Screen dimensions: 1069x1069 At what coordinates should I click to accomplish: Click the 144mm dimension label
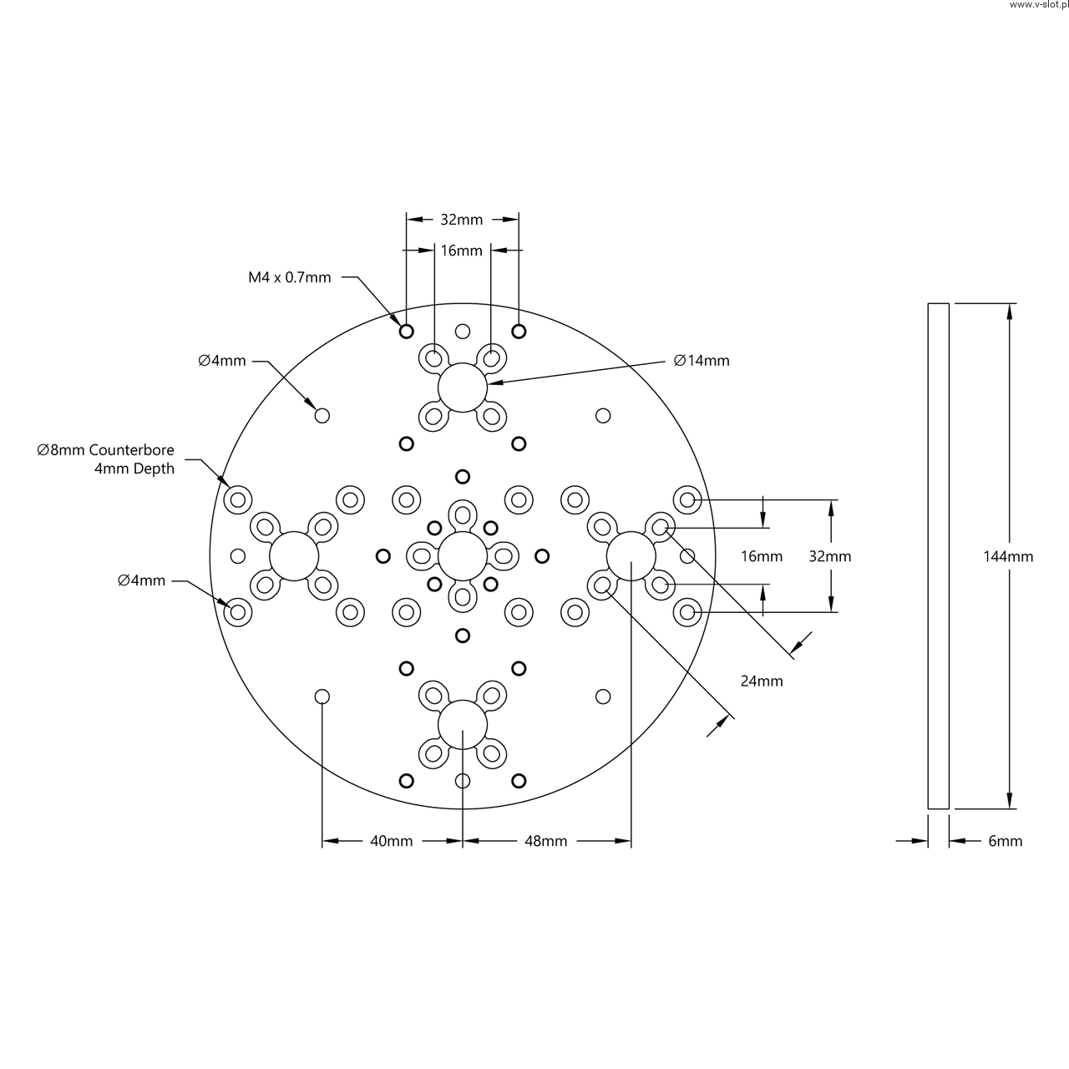tap(1008, 556)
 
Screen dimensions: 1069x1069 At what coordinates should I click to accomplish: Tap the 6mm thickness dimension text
tap(1006, 841)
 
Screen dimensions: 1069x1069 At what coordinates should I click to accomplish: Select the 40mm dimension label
tap(391, 841)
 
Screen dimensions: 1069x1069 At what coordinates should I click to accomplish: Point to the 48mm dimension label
tap(546, 841)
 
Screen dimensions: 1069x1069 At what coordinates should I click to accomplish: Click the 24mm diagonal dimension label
tap(762, 681)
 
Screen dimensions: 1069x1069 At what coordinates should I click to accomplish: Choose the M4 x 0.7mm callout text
tap(290, 277)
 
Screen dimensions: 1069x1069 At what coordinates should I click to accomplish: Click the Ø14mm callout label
tap(702, 361)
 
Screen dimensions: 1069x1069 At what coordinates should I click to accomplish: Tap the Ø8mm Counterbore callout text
tap(105, 450)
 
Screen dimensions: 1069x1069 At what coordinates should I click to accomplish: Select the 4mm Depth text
tap(134, 469)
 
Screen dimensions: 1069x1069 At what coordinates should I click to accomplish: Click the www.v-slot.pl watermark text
tap(1038, 4)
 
